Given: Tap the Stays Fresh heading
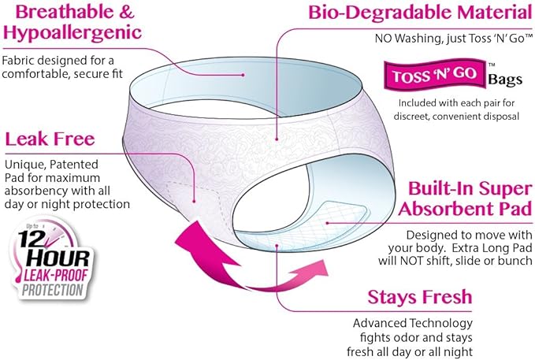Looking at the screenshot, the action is tap(420, 297).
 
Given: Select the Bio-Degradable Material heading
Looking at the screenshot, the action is tap(421, 13).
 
